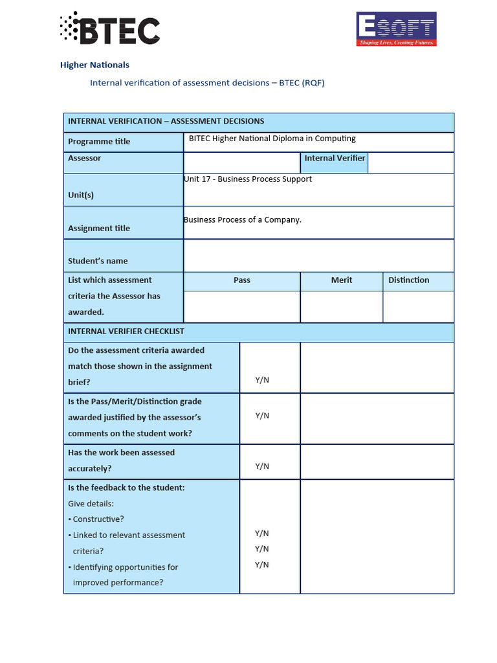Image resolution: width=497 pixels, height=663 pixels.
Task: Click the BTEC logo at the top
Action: coord(109,30)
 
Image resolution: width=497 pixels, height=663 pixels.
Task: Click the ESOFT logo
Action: coord(397,29)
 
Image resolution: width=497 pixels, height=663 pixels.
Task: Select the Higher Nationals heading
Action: coord(94,65)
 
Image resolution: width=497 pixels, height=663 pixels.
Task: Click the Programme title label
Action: coord(99,141)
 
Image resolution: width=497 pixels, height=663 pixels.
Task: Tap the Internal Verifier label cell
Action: coord(335,158)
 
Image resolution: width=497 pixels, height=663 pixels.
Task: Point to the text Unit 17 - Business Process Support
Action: coord(248,179)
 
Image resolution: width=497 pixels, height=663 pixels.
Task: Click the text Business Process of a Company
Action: coord(243,219)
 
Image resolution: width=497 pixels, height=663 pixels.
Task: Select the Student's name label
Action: coord(98,261)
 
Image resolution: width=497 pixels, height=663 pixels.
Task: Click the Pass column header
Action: coord(242,280)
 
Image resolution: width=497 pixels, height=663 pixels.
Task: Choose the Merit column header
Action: coord(342,280)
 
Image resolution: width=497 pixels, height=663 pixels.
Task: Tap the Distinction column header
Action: coord(409,280)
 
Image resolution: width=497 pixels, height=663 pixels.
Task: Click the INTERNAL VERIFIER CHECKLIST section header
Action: coord(126,331)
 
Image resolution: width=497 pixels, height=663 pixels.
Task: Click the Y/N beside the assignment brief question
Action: coord(262,380)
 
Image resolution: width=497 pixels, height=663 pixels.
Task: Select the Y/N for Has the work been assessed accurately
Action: coord(262,466)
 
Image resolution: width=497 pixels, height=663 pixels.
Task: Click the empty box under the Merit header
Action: coord(342,306)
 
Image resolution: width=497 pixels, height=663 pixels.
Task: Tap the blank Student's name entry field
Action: coord(318,255)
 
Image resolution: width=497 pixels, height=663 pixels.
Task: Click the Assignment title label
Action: coord(99,228)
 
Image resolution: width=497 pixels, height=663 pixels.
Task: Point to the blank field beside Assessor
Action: coord(241,163)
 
